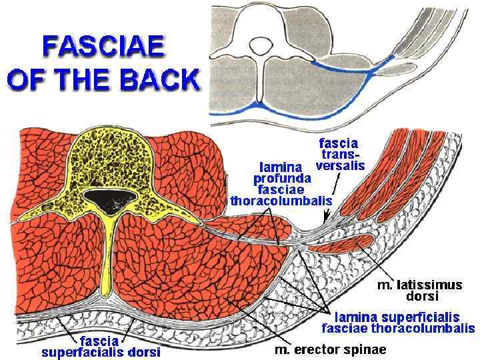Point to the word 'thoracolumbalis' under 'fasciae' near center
click(x=281, y=200)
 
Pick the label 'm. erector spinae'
click(x=331, y=349)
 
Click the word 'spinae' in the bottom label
click(x=367, y=349)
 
